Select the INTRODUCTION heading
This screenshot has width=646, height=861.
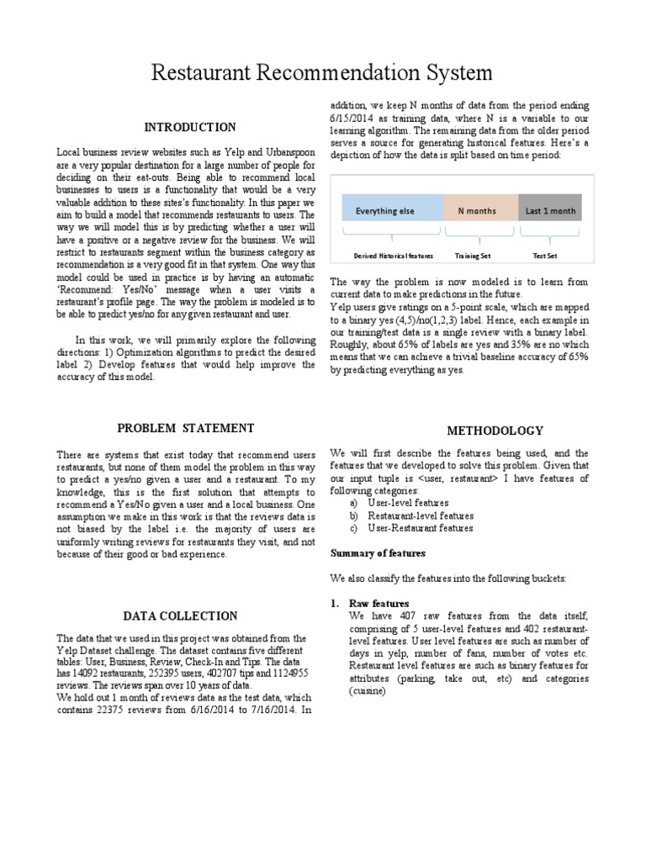(x=189, y=127)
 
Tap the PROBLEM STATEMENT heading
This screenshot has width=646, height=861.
(x=185, y=428)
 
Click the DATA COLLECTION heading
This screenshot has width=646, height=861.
(x=180, y=615)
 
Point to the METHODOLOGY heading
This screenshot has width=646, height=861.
(x=495, y=430)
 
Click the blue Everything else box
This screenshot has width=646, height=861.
(x=385, y=211)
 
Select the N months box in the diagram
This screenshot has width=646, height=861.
(x=476, y=211)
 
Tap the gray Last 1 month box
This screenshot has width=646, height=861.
(x=551, y=211)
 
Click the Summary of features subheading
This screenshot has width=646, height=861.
(x=378, y=553)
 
